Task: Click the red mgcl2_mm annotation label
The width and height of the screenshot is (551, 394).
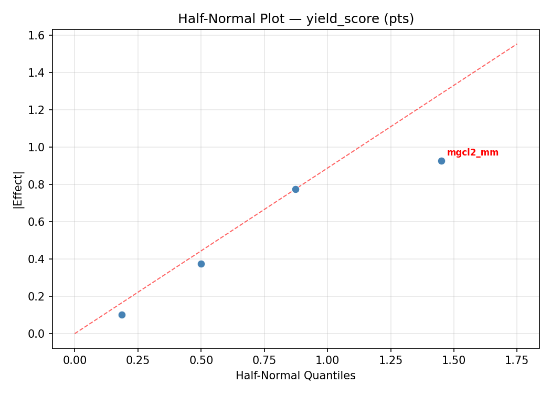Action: click(472, 153)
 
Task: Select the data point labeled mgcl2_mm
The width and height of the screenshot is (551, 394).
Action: click(441, 161)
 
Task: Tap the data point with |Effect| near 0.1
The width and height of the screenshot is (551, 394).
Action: click(122, 315)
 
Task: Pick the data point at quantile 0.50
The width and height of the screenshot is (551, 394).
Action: click(201, 264)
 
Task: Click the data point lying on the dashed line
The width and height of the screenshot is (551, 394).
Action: click(295, 189)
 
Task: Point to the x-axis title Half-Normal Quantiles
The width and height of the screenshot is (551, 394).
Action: click(295, 376)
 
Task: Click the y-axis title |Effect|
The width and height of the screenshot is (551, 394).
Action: click(19, 190)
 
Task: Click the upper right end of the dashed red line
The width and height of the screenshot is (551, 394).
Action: click(517, 44)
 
